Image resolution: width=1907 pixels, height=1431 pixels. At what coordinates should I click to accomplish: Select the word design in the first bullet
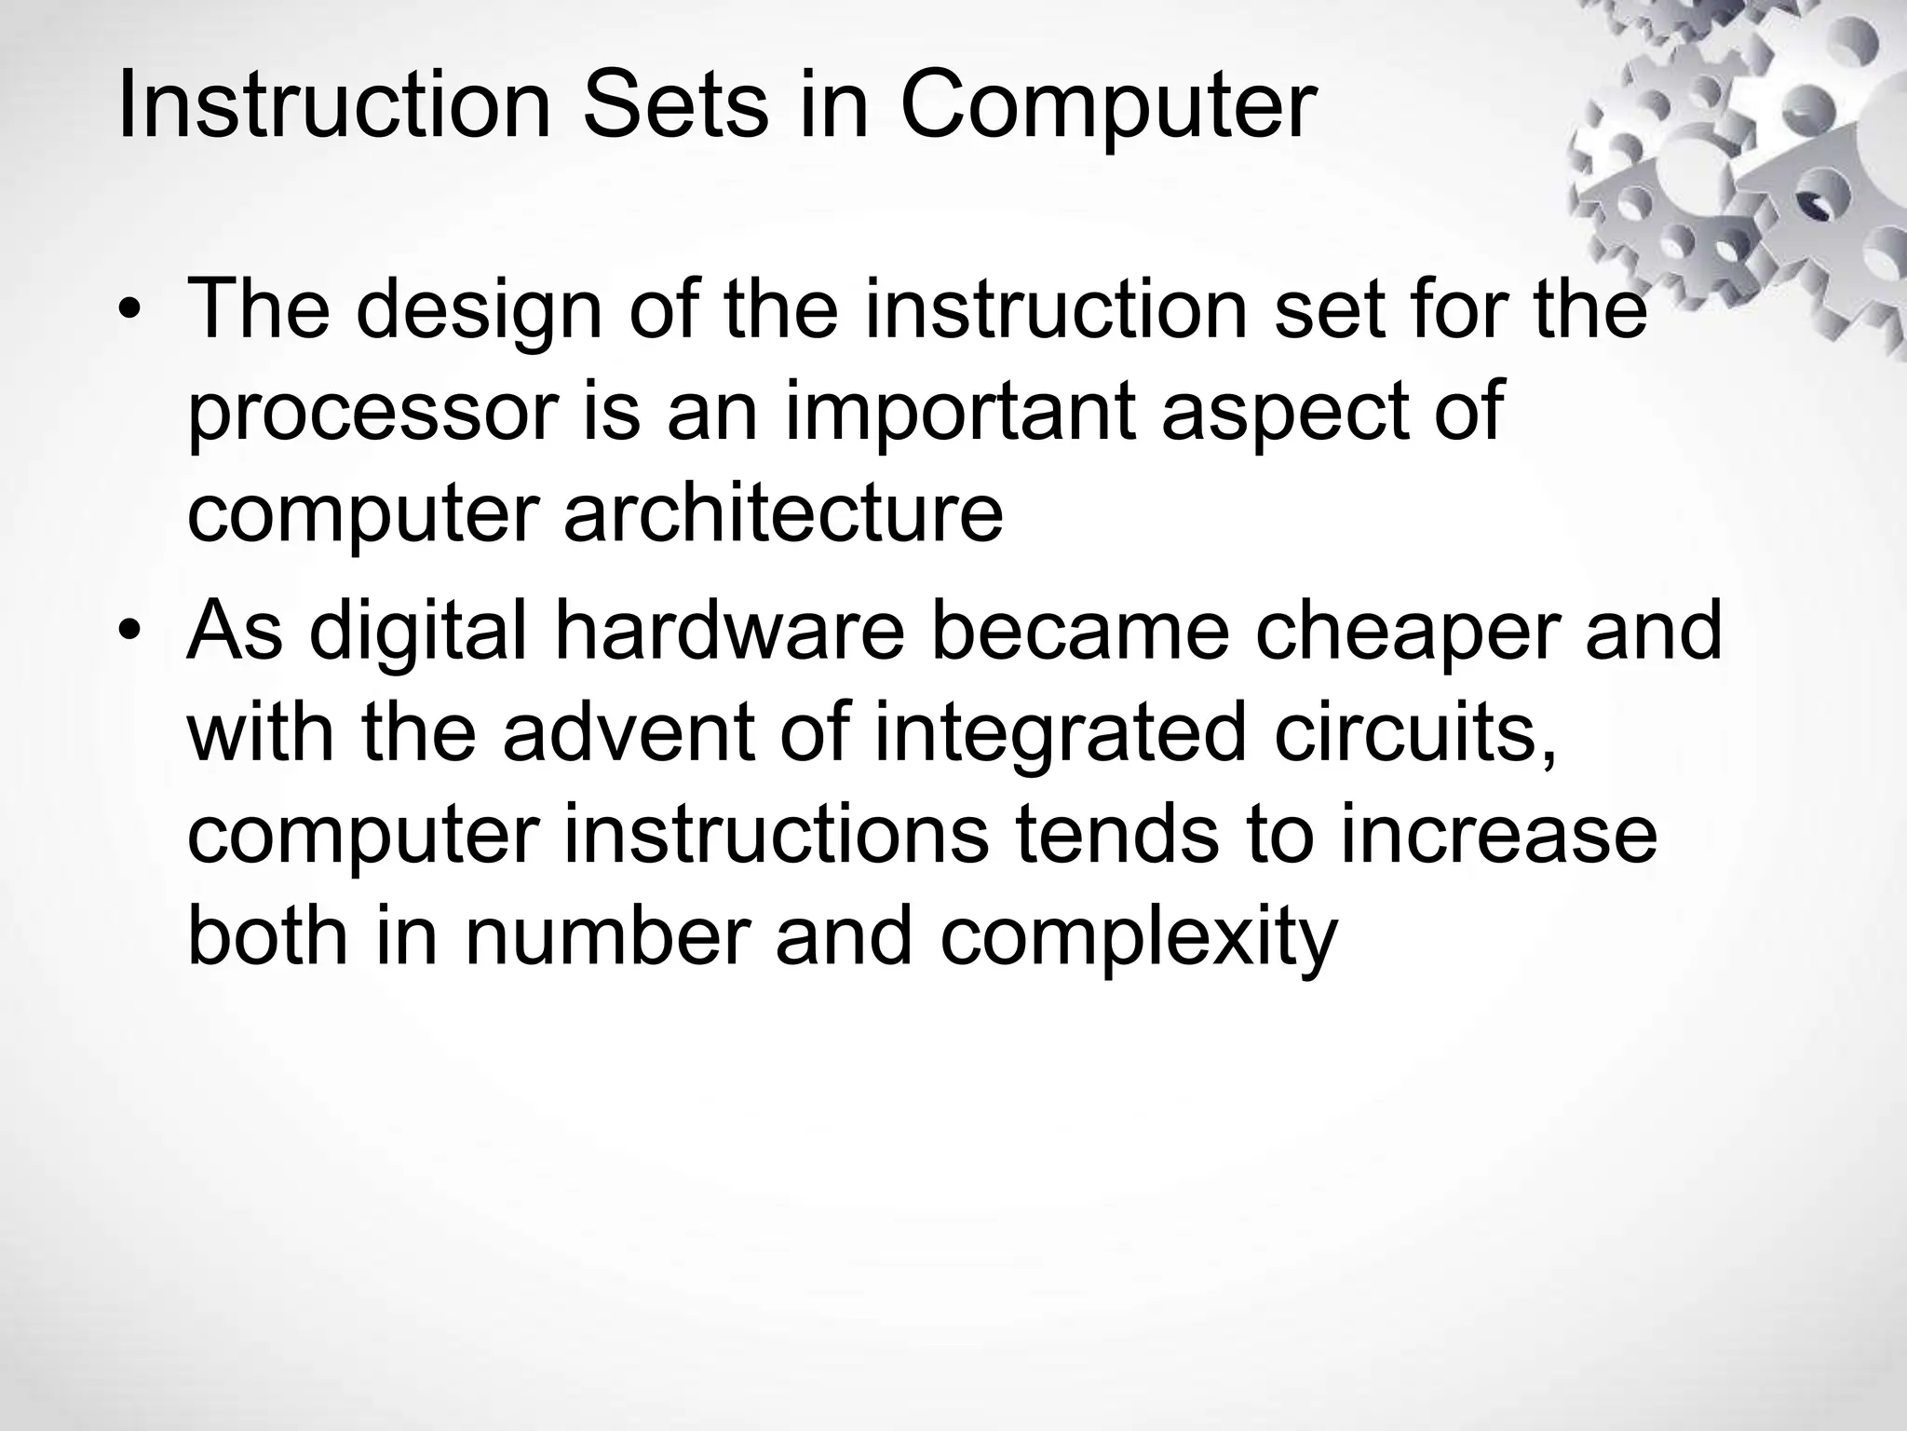479,312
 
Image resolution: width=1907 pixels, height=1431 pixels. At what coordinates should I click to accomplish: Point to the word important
962,415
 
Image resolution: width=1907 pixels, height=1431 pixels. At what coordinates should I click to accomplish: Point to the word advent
629,734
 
